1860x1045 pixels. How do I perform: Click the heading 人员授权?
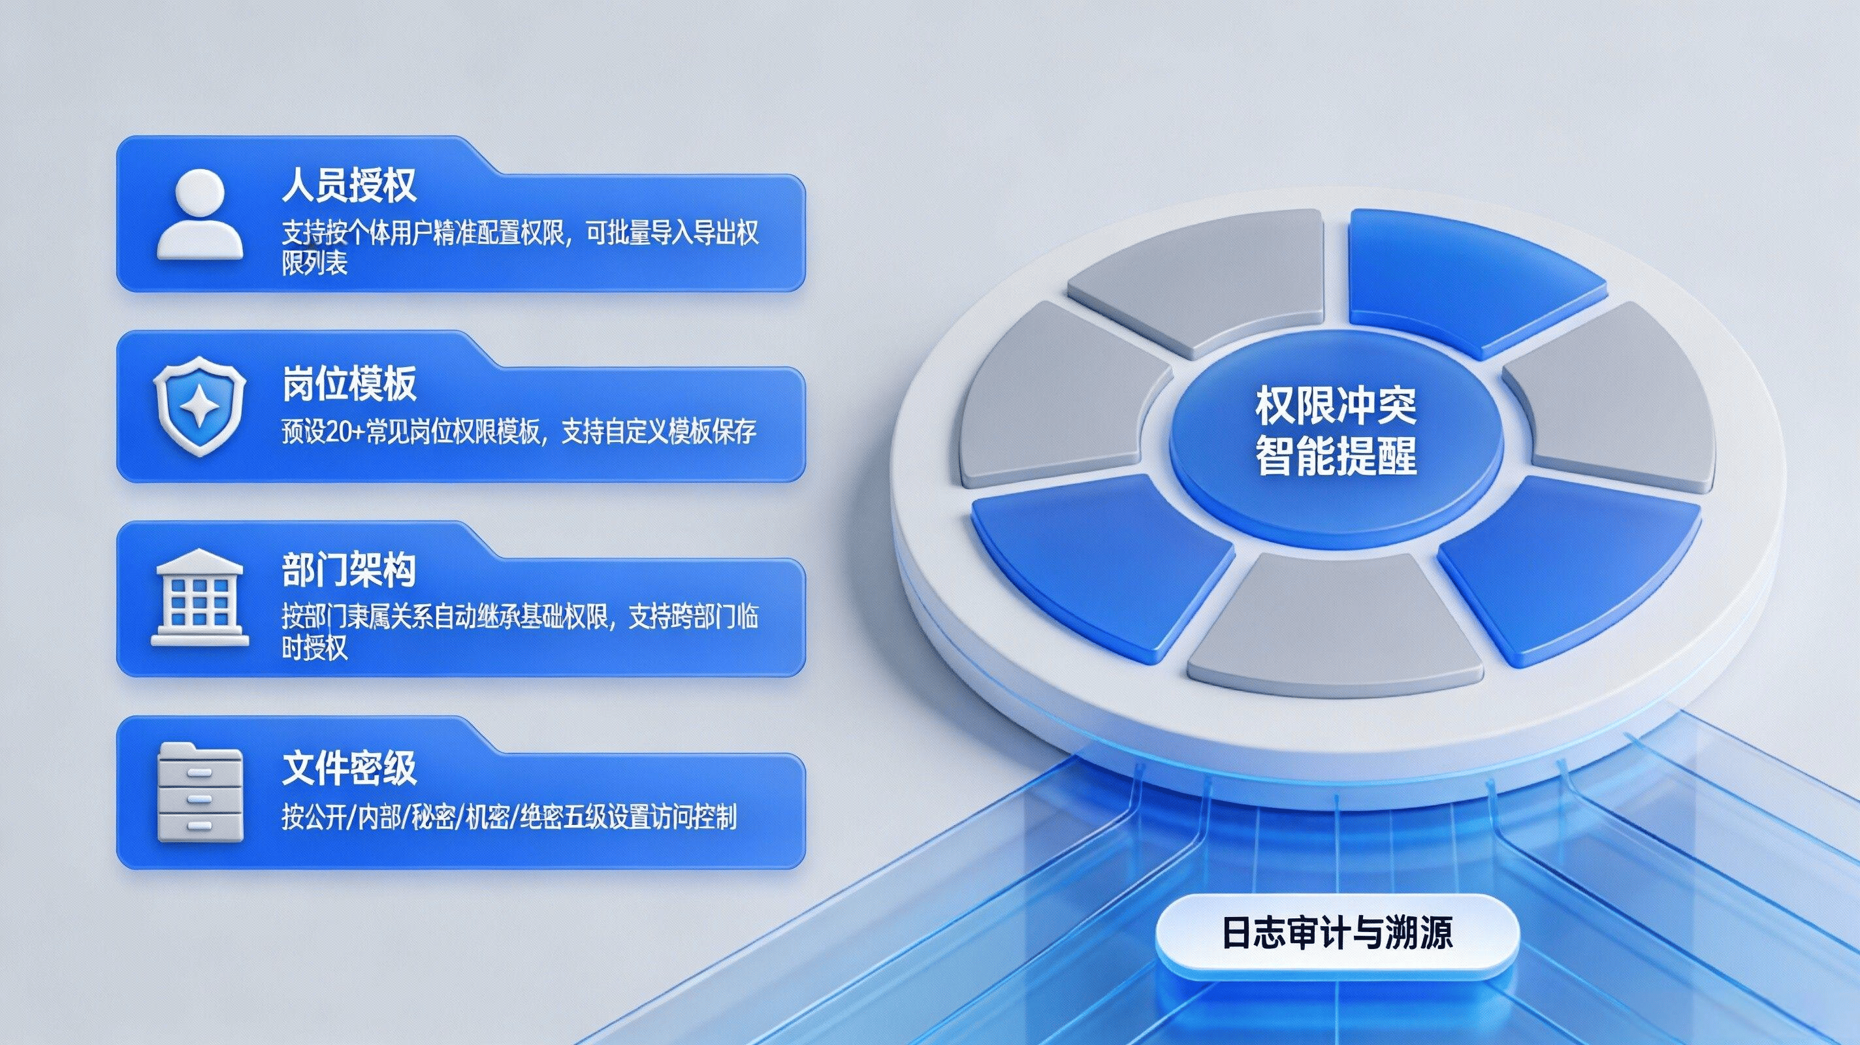(349, 185)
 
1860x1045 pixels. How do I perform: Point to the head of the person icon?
(199, 193)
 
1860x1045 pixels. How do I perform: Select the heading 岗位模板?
(349, 383)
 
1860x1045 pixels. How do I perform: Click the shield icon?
(199, 409)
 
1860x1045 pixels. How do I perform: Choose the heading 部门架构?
(349, 571)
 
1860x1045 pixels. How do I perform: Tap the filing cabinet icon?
(200, 791)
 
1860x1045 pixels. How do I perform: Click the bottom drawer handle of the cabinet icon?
(199, 824)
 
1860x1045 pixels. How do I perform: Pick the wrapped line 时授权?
(314, 647)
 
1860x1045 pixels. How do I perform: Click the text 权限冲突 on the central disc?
(1336, 407)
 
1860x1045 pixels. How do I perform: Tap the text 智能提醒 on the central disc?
(1336, 455)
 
